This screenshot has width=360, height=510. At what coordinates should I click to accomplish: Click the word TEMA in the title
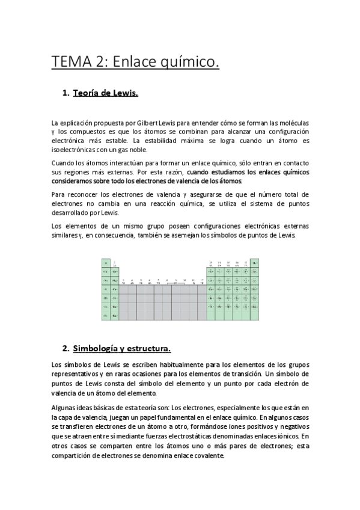(x=69, y=61)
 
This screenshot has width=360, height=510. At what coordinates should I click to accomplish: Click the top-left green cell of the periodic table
(x=106, y=263)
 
